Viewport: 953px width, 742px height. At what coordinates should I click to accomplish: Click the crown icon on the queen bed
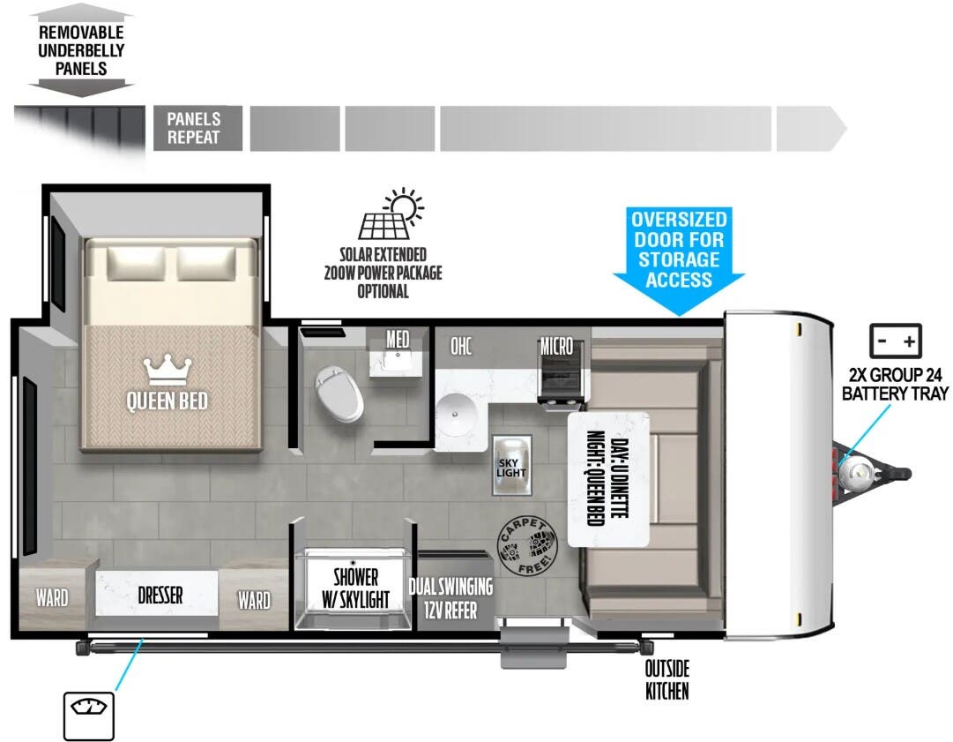click(168, 371)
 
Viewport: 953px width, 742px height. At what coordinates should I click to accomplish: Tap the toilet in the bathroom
click(339, 393)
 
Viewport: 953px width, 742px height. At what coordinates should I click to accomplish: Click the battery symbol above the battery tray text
click(896, 341)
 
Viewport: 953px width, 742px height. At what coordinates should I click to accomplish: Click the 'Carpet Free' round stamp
click(527, 546)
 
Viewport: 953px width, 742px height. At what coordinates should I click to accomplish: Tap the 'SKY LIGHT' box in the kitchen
click(511, 466)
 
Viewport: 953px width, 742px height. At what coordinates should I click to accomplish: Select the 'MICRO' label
click(557, 346)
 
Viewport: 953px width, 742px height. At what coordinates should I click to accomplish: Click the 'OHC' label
click(461, 346)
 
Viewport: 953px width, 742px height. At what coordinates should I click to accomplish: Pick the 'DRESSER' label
click(160, 595)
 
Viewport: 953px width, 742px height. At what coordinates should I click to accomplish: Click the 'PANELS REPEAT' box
click(197, 128)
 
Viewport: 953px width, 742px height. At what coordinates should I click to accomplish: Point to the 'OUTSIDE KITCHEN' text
click(666, 680)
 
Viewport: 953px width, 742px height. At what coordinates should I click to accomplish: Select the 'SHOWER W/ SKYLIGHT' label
click(355, 588)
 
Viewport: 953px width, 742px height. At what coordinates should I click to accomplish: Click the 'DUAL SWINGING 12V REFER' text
click(451, 598)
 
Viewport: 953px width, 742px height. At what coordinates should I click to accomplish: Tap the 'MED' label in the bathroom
click(398, 340)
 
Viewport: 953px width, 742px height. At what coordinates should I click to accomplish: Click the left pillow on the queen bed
click(136, 263)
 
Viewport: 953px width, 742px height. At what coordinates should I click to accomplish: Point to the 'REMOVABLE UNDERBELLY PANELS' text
click(81, 50)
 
